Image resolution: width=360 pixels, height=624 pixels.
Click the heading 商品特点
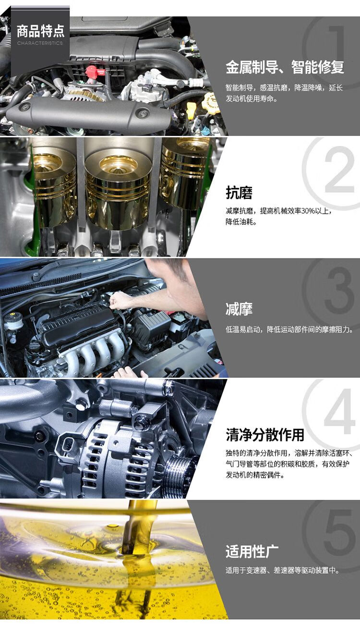tap(41, 31)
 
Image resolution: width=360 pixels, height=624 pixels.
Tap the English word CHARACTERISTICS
tap(40, 43)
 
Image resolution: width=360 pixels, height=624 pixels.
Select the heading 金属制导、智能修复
tap(285, 67)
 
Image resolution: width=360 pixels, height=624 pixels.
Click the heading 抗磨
tap(239, 193)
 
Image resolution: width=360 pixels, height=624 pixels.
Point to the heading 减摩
tap(239, 309)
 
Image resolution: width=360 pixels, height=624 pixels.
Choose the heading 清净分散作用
tap(265, 435)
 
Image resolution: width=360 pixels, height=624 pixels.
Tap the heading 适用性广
tap(252, 552)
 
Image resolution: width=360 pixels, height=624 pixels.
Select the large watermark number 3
tap(339, 290)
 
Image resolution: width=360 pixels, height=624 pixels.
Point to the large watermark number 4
tap(339, 411)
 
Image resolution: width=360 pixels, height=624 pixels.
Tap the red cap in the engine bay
tap(95, 72)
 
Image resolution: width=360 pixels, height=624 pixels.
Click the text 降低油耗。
tap(240, 222)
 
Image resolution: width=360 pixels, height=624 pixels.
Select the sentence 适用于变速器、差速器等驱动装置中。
tap(282, 570)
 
